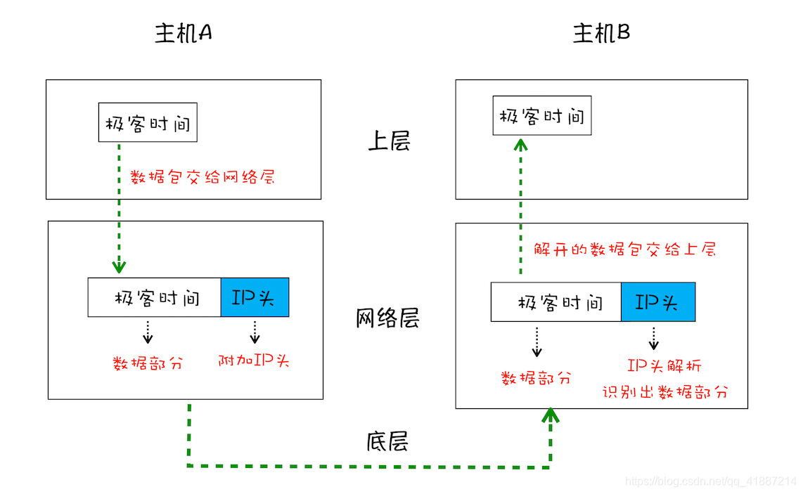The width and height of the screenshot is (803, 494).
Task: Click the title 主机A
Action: click(184, 33)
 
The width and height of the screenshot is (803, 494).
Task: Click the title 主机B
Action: click(601, 33)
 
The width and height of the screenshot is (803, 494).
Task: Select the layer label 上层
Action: click(388, 141)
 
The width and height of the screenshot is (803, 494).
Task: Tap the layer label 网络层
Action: click(387, 318)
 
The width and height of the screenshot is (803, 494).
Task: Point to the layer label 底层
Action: click(387, 441)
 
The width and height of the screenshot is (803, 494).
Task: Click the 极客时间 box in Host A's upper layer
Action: click(148, 123)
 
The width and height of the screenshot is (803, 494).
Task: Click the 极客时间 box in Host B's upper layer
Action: click(541, 116)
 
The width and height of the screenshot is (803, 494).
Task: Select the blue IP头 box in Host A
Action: click(255, 297)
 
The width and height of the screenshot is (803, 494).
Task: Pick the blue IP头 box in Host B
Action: click(657, 302)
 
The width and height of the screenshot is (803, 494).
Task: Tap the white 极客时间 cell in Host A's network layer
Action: click(155, 297)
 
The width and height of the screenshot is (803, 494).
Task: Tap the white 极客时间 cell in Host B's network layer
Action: click(556, 302)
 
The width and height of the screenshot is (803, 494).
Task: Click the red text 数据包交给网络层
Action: click(203, 176)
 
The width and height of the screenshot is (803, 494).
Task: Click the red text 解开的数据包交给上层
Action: click(624, 249)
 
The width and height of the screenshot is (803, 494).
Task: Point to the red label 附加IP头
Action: click(254, 361)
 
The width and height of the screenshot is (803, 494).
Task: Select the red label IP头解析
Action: click(664, 365)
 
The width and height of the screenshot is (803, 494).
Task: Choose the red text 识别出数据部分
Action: click(664, 392)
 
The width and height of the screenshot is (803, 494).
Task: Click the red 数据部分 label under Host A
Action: click(148, 363)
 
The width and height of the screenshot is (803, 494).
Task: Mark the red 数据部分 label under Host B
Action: click(536, 378)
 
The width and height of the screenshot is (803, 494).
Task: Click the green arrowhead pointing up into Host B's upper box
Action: click(520, 144)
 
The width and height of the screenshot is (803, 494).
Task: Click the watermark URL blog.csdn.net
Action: click(710, 481)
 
